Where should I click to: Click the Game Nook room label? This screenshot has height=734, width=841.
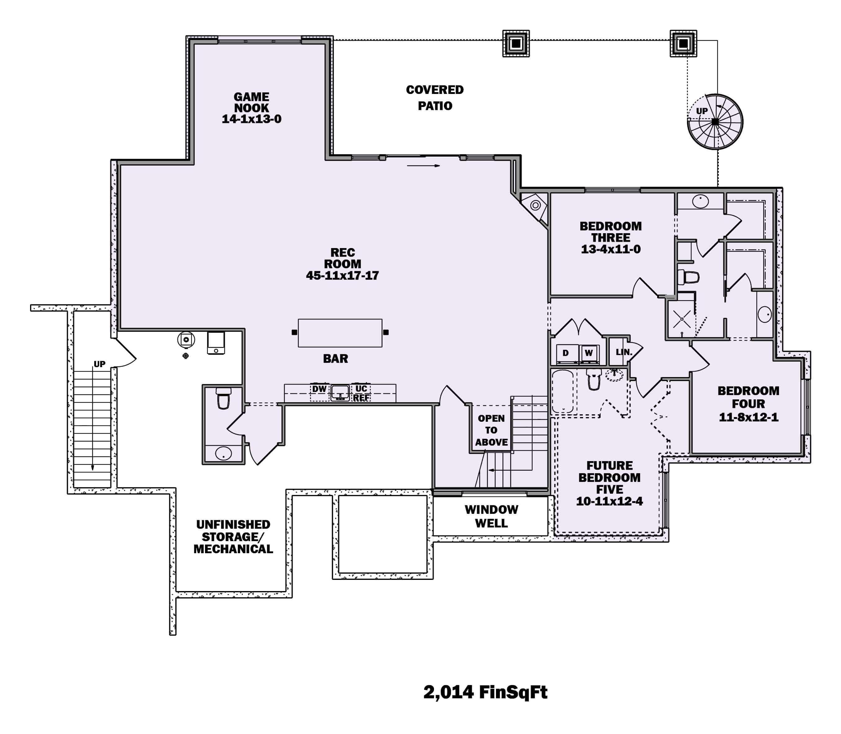(x=251, y=102)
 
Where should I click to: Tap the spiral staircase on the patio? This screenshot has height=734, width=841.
(x=715, y=122)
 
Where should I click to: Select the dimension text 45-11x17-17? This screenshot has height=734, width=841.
(x=342, y=276)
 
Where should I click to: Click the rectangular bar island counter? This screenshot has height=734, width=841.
(x=340, y=333)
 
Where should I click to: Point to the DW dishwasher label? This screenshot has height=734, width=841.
(x=319, y=389)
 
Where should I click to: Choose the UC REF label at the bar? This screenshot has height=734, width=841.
(x=361, y=393)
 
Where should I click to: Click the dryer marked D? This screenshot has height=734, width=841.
(x=565, y=353)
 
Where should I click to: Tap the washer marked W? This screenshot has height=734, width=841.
(x=589, y=353)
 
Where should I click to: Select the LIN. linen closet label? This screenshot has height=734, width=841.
(x=624, y=352)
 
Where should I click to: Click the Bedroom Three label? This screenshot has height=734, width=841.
(x=610, y=232)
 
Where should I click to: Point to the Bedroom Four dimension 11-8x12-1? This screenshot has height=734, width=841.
(x=748, y=417)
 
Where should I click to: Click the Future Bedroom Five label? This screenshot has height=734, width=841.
(x=609, y=478)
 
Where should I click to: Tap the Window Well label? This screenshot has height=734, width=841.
(x=491, y=516)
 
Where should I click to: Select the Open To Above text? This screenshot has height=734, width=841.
(x=491, y=430)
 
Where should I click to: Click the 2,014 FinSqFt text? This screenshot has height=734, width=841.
(x=485, y=692)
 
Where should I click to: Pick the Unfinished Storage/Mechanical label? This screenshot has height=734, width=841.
(x=233, y=536)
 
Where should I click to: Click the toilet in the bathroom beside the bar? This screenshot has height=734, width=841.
(x=224, y=398)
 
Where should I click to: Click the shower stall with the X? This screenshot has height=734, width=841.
(x=681, y=319)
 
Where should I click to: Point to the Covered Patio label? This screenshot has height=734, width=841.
(x=435, y=97)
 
